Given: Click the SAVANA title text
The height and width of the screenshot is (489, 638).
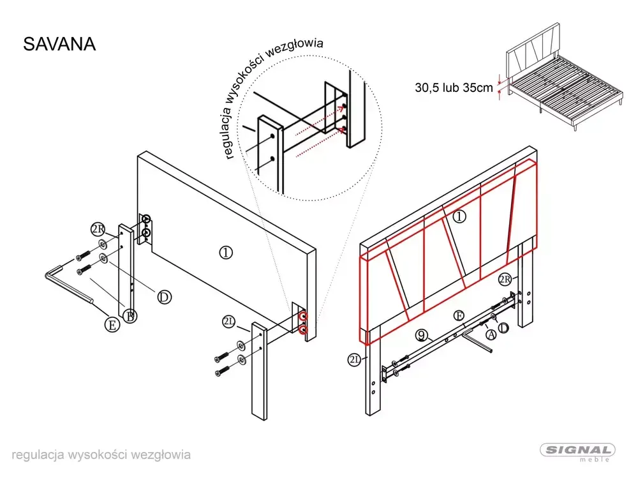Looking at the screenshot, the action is [59, 44].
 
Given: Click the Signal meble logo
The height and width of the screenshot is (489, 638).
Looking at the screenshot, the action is [577, 453].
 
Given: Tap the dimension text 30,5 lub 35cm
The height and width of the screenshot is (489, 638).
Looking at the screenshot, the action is [454, 87].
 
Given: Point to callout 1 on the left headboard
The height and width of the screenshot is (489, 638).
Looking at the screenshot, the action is [226, 253].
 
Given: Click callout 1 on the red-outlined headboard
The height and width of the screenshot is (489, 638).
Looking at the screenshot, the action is [459, 216].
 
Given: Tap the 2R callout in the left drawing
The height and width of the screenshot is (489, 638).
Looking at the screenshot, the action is [98, 230].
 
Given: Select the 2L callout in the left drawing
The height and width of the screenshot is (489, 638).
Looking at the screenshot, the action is [229, 322].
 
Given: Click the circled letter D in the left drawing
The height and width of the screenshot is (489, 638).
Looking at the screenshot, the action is [164, 297].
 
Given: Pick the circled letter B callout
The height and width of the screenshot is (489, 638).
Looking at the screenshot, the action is [130, 316].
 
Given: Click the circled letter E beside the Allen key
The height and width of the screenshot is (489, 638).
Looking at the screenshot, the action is [112, 325].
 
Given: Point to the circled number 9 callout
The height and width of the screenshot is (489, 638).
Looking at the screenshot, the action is [422, 335].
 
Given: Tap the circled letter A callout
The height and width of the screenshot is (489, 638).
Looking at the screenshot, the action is [491, 335].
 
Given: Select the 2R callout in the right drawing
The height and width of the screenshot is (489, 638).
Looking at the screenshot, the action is [505, 280].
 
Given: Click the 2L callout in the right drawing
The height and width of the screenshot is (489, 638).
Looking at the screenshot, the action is [354, 359].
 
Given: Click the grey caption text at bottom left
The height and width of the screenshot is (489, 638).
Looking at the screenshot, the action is [101, 455].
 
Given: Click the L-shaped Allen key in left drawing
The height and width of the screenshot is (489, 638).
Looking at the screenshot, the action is [68, 285].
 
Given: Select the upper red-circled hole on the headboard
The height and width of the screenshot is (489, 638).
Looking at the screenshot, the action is [302, 317].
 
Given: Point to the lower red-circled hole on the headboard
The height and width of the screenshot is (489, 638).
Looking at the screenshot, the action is [302, 329].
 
